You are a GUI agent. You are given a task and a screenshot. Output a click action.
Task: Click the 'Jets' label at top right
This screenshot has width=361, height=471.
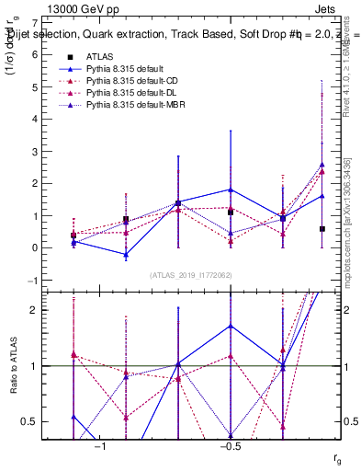[327, 7]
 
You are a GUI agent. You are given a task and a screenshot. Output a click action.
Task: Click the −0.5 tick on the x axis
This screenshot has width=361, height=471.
[230, 445]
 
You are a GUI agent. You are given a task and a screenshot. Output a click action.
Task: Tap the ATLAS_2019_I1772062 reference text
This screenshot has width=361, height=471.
[190, 274]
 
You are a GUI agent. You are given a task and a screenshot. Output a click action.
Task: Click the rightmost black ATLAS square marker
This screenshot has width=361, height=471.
[322, 229]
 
